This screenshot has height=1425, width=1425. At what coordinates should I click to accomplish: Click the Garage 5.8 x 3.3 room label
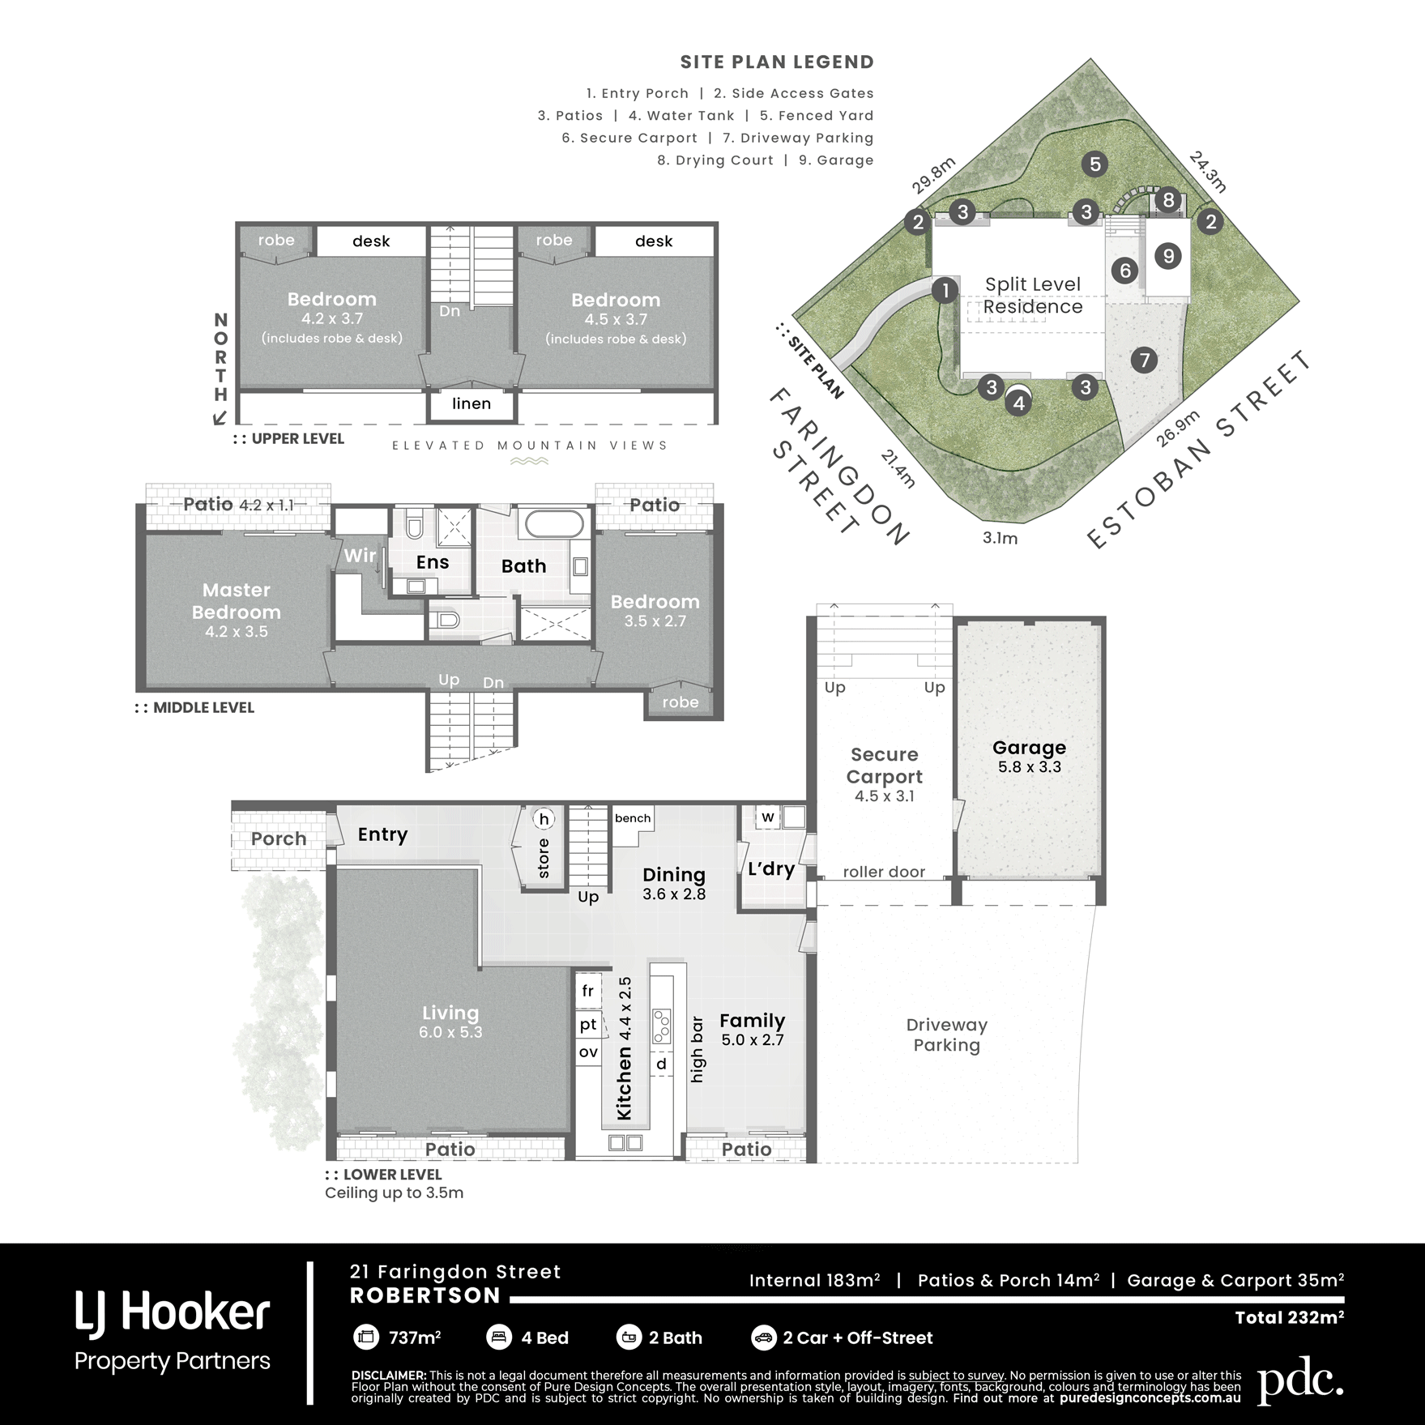point(1029,757)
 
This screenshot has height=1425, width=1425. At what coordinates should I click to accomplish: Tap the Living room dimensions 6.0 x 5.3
point(450,1032)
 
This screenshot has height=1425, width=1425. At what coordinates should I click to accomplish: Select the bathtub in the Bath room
point(554,524)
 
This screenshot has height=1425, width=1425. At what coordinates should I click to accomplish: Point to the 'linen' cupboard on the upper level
point(471,403)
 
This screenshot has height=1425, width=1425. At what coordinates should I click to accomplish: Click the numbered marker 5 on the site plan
point(1094,164)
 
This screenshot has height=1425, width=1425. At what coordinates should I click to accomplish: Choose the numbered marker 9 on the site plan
point(1168,257)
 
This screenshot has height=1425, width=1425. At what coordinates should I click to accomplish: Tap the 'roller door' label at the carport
point(884,872)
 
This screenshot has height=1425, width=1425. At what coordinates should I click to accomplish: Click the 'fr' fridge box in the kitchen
point(588,991)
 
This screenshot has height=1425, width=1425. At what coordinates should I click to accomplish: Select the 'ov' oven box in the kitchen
point(588,1052)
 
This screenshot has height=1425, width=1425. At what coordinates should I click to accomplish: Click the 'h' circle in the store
point(544,819)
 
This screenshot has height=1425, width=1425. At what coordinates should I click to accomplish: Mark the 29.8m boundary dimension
point(933,176)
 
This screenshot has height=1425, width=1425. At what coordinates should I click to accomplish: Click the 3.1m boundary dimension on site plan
point(1000,538)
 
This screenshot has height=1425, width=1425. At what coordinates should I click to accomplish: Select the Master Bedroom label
point(237,601)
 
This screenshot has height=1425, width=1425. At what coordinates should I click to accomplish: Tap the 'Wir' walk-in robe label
point(360,556)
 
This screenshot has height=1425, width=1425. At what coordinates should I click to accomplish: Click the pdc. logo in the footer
point(1299,1381)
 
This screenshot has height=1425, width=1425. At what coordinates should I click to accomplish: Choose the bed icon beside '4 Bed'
point(498,1338)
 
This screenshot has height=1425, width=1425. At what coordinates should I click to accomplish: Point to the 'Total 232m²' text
point(1289,1317)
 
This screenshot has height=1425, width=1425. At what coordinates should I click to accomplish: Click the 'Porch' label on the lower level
point(279,839)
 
